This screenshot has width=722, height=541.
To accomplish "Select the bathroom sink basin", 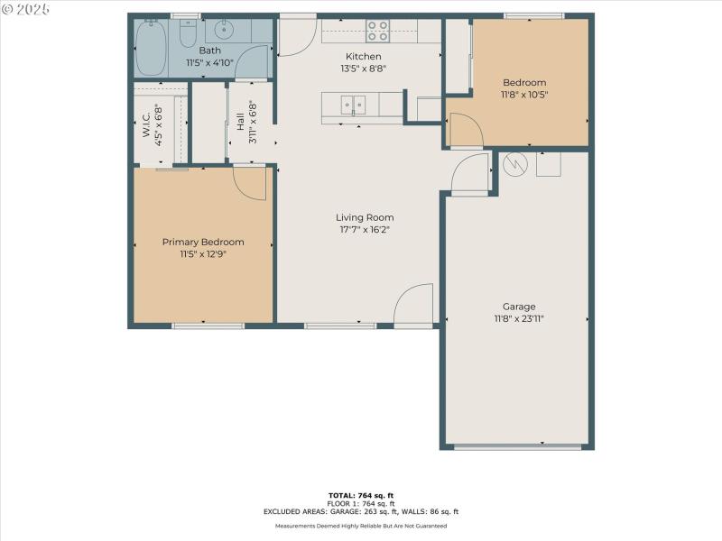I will (224, 31).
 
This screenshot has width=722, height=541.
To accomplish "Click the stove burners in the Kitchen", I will (377, 32).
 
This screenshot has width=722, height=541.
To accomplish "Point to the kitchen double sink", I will (353, 105).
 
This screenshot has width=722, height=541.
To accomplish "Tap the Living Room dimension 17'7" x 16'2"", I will (365, 229).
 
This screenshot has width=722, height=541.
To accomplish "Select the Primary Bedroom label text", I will (203, 242).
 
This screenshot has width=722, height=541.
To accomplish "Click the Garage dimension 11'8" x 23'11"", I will (519, 318).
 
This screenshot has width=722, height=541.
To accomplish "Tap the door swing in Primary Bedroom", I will (250, 183).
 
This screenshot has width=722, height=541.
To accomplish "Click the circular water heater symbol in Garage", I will (514, 164).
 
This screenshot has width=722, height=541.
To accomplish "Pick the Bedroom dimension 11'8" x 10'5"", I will (525, 94).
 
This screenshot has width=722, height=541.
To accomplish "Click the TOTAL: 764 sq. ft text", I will (360, 495).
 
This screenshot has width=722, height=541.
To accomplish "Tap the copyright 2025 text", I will (26, 8).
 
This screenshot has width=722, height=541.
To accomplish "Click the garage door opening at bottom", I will (518, 446).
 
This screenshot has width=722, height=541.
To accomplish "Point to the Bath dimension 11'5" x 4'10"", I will (209, 63).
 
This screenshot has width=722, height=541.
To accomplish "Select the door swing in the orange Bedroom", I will (464, 130).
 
